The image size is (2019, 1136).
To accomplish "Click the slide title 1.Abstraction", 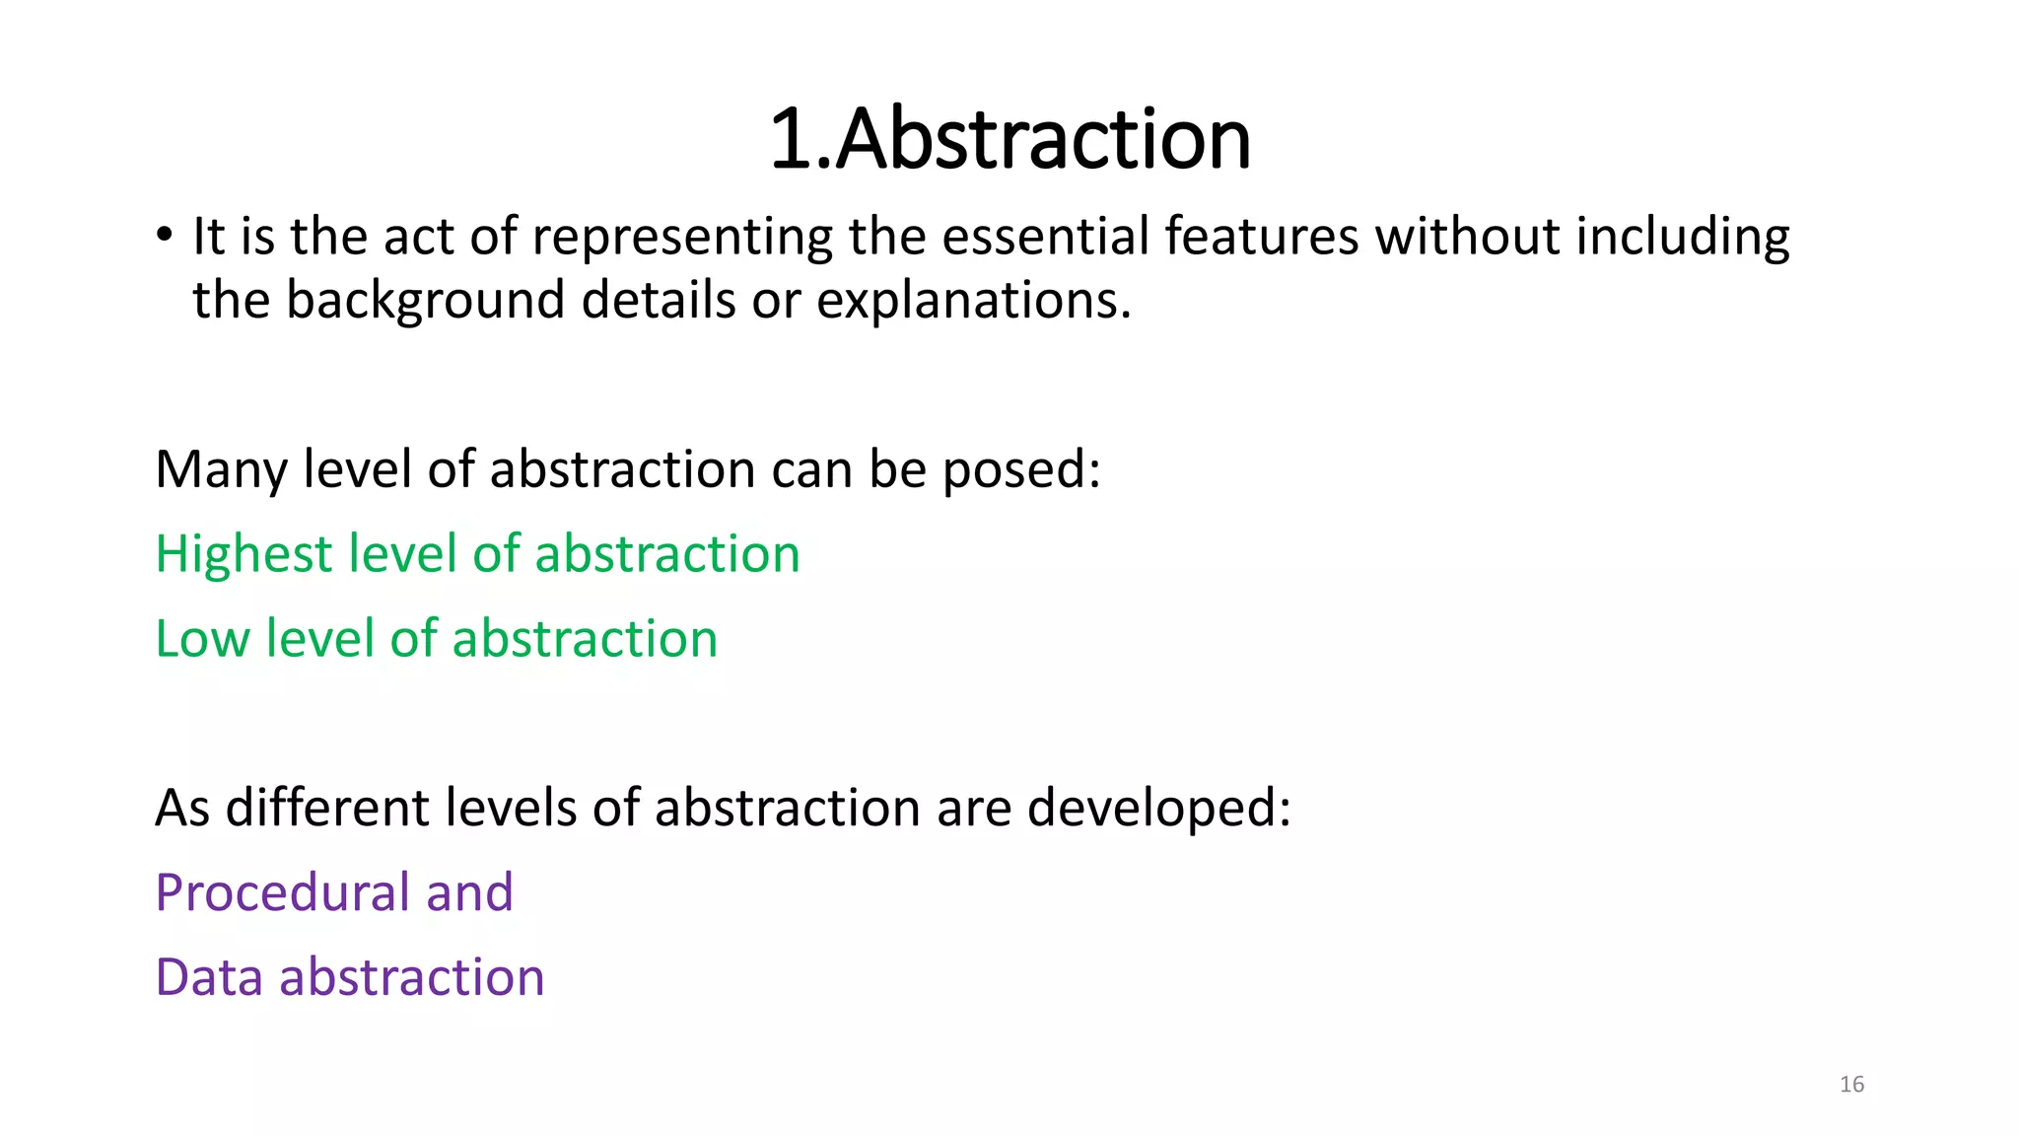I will pos(1009,139).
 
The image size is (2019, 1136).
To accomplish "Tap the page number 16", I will pos(1851,1085).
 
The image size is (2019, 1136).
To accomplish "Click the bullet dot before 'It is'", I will pos(165,236).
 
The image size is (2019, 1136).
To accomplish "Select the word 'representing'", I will pos(682,238).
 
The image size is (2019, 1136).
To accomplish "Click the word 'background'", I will pos(425,301).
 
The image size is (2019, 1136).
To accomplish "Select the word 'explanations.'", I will pos(973,301).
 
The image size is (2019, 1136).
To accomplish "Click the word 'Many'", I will pos(220,469).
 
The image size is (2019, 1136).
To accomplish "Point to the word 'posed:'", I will pos(1021,469).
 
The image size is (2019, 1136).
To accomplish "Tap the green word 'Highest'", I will pos(244,554).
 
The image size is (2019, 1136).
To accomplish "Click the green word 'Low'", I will pos(202,639).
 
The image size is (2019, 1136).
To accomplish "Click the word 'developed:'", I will pos(1158,809).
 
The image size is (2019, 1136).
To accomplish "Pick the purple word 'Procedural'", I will pos(282,892).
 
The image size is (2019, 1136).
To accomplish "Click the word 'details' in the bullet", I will pos(658,300).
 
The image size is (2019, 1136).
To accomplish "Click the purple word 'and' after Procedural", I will pos(469,892).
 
